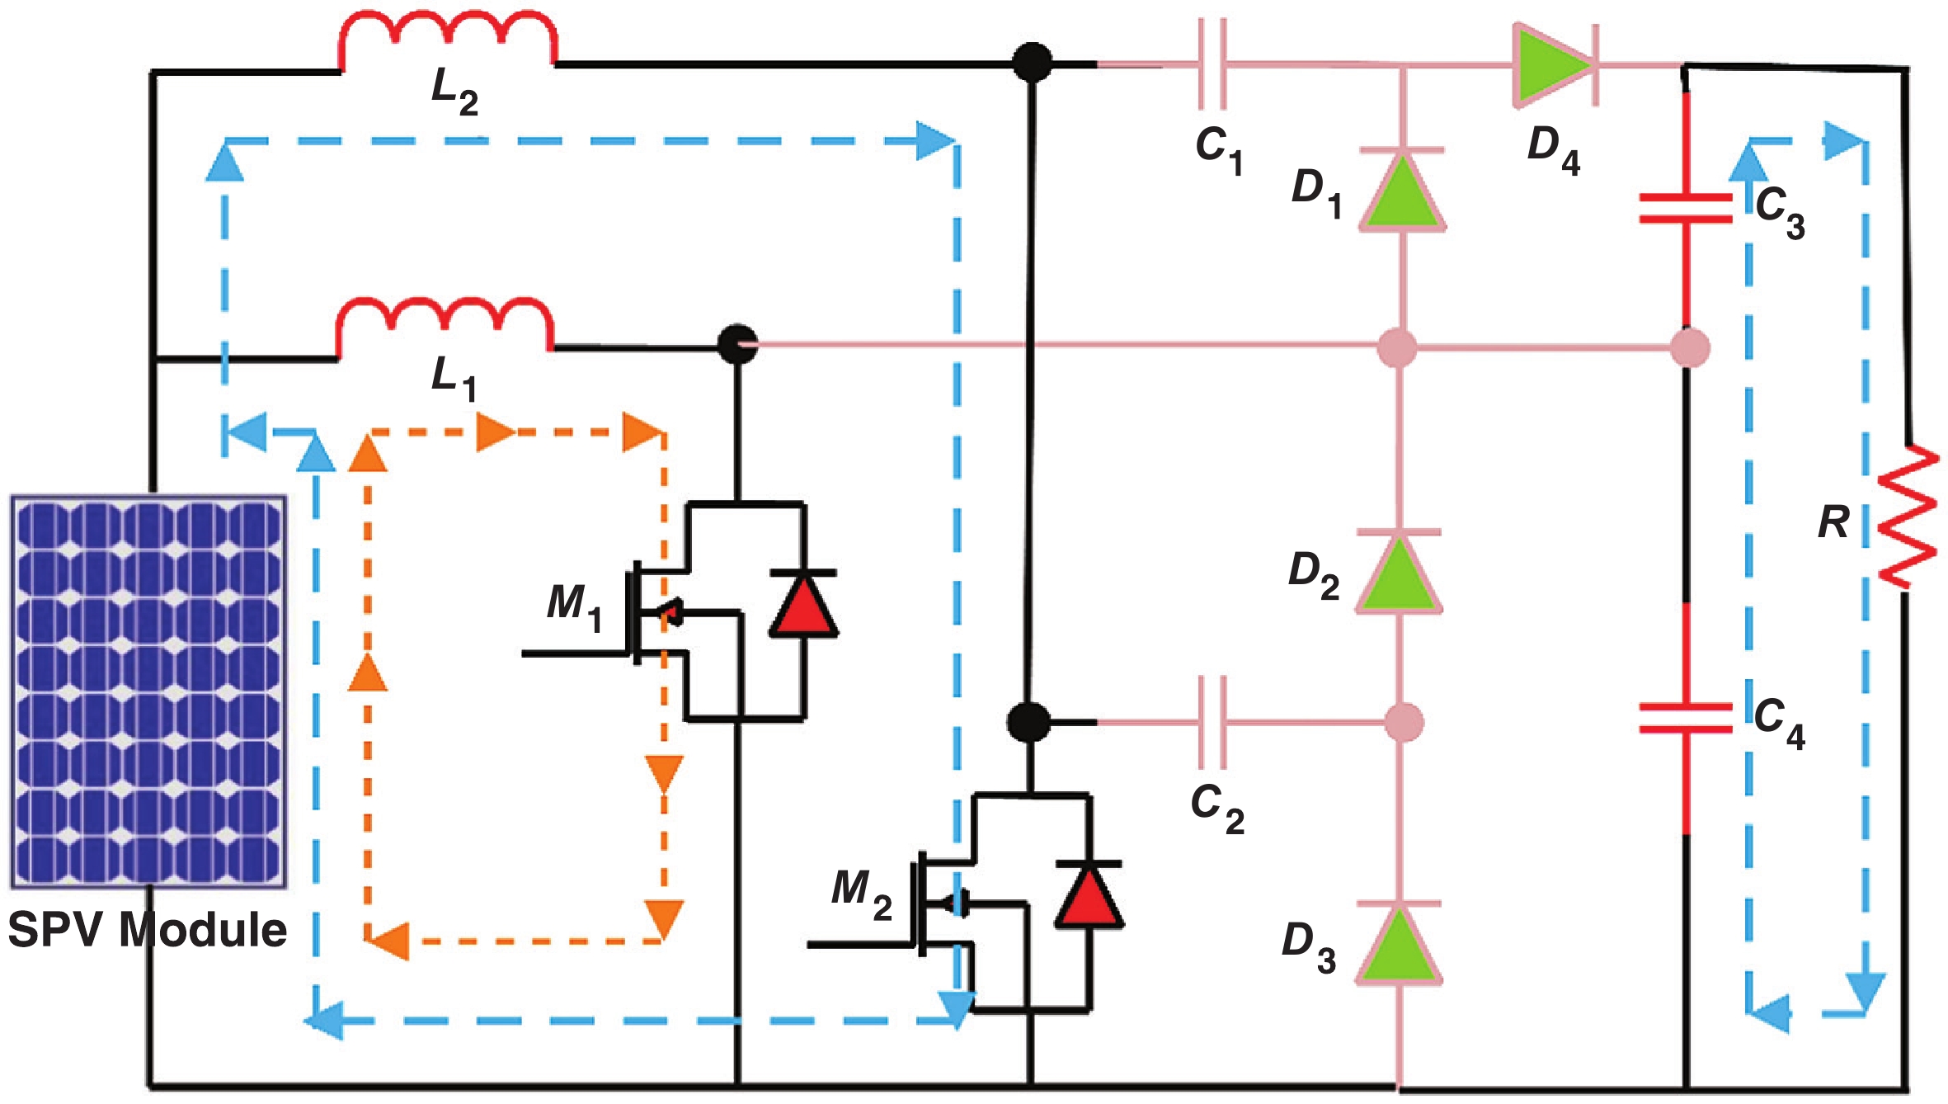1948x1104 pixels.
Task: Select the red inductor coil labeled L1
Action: (x=445, y=324)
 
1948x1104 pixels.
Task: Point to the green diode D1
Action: (x=1401, y=191)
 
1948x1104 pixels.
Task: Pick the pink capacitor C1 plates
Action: (x=1212, y=64)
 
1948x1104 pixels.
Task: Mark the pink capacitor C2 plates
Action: (x=1212, y=722)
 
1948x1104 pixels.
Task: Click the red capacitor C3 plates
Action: (x=1686, y=208)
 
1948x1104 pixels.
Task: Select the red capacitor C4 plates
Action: (x=1686, y=718)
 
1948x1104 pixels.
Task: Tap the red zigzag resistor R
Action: (x=1907, y=517)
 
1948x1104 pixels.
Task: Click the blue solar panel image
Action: (x=148, y=691)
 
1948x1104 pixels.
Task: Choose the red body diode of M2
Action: (x=1089, y=894)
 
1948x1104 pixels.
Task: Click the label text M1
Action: (x=575, y=605)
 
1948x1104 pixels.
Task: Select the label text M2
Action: (x=861, y=893)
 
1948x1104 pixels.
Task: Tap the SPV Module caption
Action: (x=147, y=930)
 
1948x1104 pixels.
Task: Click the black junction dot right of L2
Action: (x=1032, y=63)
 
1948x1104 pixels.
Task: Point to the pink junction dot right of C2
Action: (x=1403, y=722)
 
